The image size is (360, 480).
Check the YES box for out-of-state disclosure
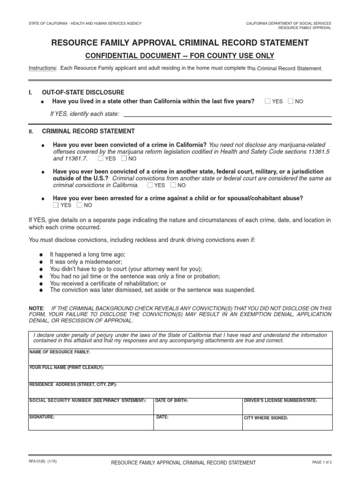(x=267, y=101)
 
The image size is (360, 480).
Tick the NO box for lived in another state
(x=291, y=101)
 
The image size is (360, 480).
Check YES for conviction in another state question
(x=150, y=185)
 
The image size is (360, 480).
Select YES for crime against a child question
(x=56, y=205)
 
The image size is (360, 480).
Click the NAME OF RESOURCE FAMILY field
(x=180, y=359)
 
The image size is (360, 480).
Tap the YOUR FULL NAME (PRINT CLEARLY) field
(x=180, y=375)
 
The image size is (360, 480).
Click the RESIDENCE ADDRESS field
(x=180, y=391)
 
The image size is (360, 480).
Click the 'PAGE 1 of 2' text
(x=321, y=462)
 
